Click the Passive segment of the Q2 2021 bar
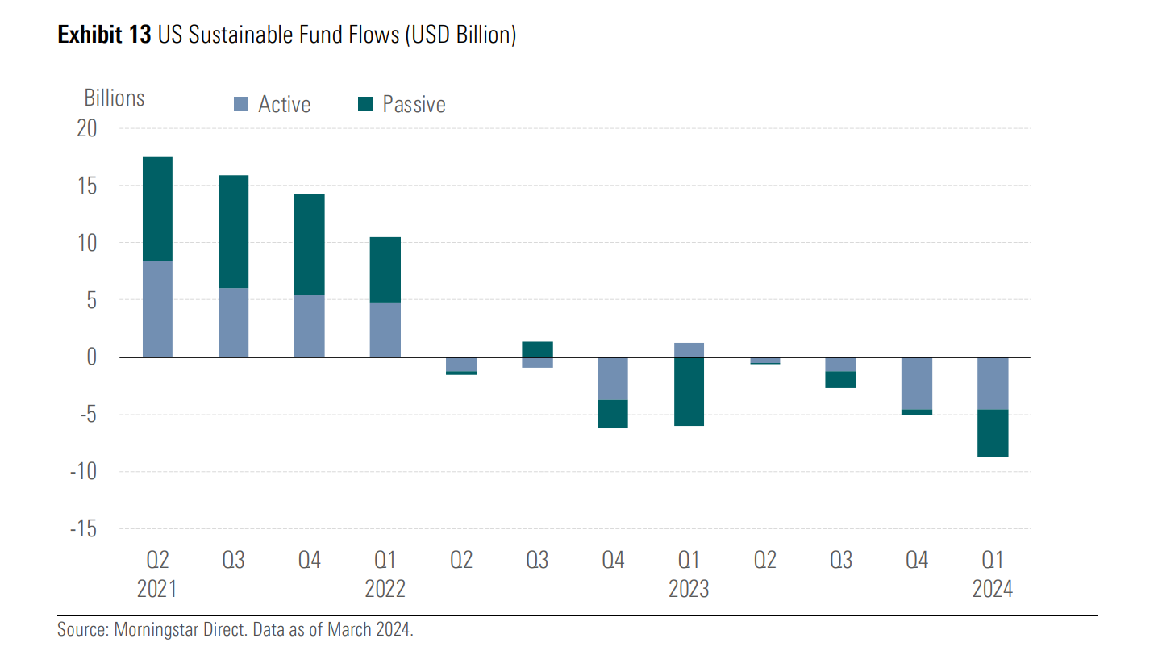click(x=157, y=208)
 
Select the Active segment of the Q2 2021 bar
click(x=157, y=309)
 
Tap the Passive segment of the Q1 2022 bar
click(x=385, y=269)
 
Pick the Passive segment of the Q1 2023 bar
click(x=689, y=391)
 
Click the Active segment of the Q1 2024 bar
click(x=993, y=383)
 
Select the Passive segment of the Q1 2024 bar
click(x=993, y=433)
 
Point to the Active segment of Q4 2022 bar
click(x=613, y=378)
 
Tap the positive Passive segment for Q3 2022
click(x=537, y=349)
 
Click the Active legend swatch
click(x=240, y=105)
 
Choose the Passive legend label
click(x=414, y=105)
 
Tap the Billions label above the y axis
click(x=115, y=98)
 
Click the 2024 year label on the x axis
click(x=993, y=590)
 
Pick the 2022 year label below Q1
click(x=385, y=590)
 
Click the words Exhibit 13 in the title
click(x=103, y=35)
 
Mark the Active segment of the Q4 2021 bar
click(x=309, y=326)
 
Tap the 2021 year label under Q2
click(x=157, y=590)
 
